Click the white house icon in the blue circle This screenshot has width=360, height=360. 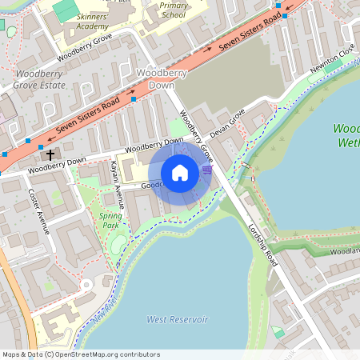(180, 172)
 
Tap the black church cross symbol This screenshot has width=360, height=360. (50, 154)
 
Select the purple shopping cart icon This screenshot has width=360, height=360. (208, 170)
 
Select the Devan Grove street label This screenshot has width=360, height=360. (226, 125)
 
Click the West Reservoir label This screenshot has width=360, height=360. (178, 319)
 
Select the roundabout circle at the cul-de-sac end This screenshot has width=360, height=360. (85, 286)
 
